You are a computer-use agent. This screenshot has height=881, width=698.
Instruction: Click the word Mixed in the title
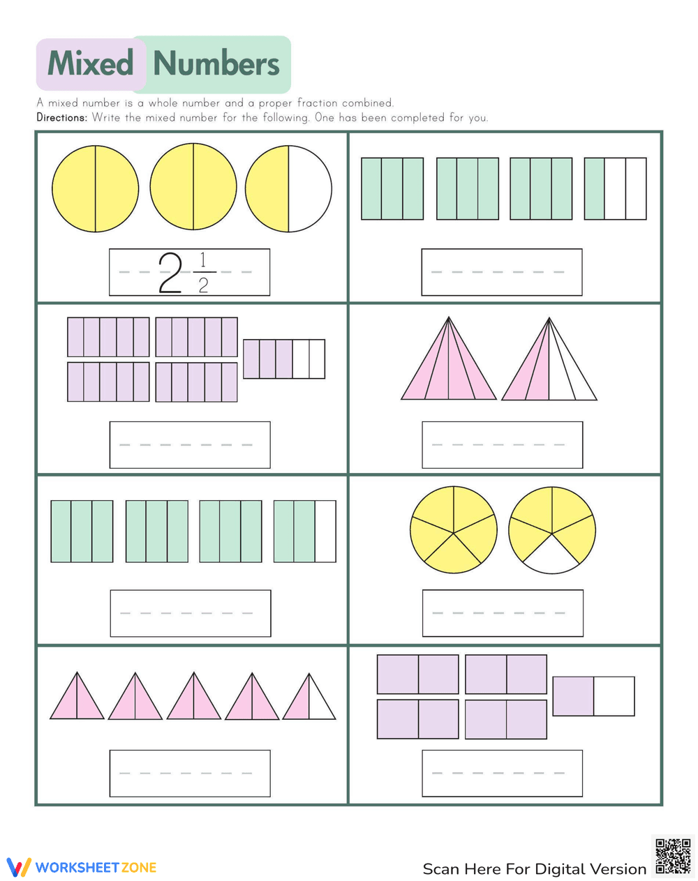coord(91,63)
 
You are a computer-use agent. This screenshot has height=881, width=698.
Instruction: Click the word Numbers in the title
coord(216,63)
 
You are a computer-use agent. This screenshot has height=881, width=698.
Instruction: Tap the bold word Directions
coord(62,118)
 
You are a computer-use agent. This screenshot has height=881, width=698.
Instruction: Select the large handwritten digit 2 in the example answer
coord(170,272)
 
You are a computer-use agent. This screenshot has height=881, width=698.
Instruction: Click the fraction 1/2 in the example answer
coord(203,272)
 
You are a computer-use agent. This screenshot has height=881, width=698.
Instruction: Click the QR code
coord(673,856)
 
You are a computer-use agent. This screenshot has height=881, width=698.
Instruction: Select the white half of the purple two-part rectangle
coord(614,696)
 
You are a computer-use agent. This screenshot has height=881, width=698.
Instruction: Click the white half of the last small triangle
coord(321,701)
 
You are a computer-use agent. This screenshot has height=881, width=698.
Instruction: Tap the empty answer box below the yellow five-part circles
coord(503,613)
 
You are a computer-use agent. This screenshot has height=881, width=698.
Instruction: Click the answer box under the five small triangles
coord(190,773)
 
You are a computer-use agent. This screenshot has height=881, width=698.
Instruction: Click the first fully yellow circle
coord(95,189)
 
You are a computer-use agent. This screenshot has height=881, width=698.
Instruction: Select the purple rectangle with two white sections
coord(284,359)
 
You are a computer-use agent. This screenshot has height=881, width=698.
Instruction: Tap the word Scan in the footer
coord(440,869)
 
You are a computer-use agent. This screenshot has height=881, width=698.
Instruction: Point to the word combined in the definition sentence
coord(368,103)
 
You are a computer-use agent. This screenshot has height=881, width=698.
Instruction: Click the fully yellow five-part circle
coord(454,529)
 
